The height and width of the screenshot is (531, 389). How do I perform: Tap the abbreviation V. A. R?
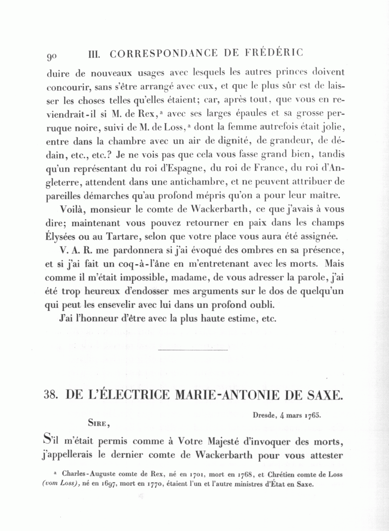pos(72,251)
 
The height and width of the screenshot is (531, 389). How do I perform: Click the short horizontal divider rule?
pos(193,349)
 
